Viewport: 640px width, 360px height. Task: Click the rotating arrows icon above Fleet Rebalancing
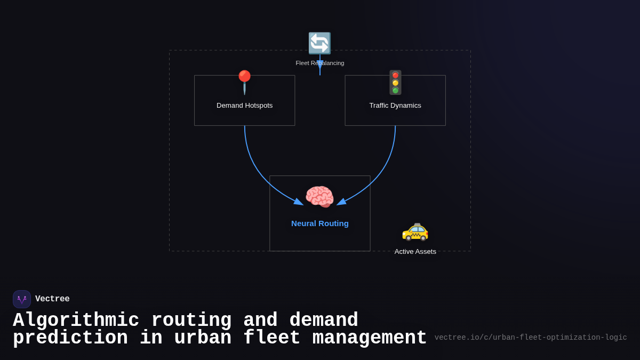(319, 43)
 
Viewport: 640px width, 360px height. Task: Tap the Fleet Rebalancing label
(319, 63)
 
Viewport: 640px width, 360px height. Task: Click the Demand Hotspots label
(244, 106)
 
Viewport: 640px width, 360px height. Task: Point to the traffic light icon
(395, 83)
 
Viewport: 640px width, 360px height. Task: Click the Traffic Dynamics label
(395, 106)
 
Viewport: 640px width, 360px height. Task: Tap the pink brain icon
(319, 197)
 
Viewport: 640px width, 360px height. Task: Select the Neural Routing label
(319, 223)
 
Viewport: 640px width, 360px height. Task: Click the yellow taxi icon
(415, 230)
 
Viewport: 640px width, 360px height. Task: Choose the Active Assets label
(415, 252)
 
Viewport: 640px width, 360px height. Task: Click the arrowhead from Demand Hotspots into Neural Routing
(299, 202)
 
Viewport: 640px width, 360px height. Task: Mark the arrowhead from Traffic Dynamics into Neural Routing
(341, 202)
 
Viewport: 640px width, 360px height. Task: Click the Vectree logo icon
(22, 299)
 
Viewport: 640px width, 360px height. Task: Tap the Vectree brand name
(52, 299)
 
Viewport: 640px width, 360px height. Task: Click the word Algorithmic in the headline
(76, 321)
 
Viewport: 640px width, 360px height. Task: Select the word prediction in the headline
(70, 338)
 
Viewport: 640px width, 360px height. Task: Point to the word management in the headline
(369, 338)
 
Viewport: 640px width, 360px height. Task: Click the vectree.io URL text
(531, 338)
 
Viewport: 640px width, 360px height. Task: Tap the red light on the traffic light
(395, 75)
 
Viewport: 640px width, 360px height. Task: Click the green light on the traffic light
(395, 91)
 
